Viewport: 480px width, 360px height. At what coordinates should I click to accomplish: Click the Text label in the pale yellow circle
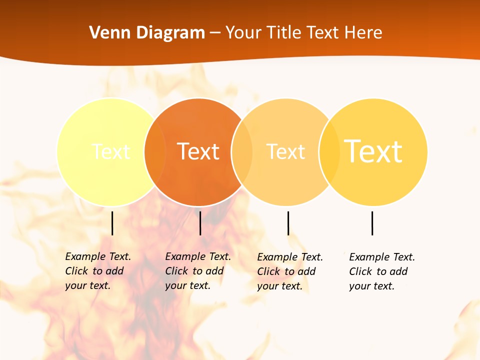point(111,151)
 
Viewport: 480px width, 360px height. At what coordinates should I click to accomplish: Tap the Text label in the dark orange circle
point(198,151)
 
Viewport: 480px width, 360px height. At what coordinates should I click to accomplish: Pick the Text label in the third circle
point(285,151)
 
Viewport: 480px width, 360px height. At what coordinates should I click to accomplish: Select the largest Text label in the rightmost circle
point(373,151)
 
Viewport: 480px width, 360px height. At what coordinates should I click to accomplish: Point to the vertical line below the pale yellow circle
point(112,223)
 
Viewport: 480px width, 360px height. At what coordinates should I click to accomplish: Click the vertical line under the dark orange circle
point(200,223)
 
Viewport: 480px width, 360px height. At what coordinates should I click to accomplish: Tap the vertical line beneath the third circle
point(288,223)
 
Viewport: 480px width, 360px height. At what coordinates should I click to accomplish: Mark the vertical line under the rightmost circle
point(372,223)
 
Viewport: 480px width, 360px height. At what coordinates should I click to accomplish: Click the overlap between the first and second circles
point(155,151)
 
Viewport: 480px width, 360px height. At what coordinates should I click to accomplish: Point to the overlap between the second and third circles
point(242,151)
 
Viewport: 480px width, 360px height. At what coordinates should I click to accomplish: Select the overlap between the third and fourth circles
point(329,151)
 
